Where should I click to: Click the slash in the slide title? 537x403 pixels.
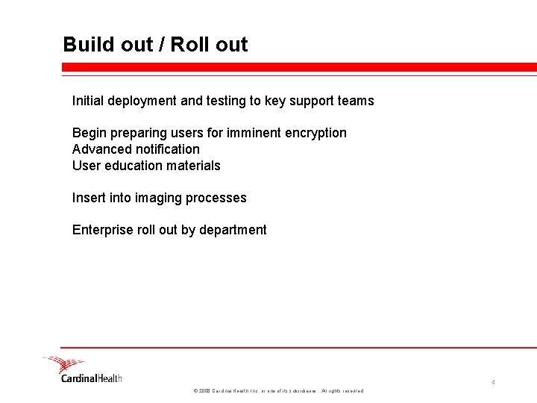tap(161, 45)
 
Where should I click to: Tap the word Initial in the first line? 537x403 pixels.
tap(88, 101)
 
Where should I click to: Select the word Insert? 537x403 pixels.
tap(88, 198)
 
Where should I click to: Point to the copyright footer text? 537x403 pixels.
tap(278, 391)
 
